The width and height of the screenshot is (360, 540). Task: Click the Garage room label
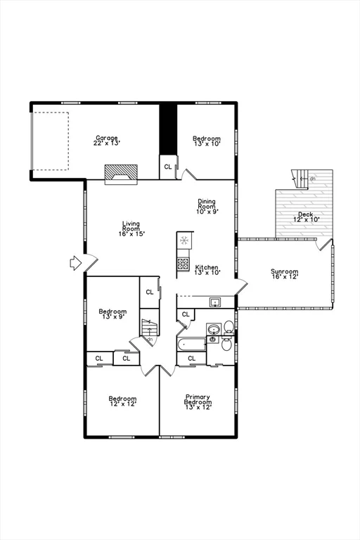tap(107, 138)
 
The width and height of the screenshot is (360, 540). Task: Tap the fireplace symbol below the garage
tap(121, 174)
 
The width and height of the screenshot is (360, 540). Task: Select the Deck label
tap(306, 214)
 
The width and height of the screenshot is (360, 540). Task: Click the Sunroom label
tap(285, 271)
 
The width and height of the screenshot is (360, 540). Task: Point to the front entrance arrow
tap(76, 263)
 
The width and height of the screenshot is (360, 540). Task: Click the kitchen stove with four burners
tap(184, 264)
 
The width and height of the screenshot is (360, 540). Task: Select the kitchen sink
tap(216, 302)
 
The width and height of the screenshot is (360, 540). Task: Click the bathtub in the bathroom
tap(192, 344)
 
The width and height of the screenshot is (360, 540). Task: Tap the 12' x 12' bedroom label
tap(122, 404)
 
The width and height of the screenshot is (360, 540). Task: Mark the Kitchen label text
tap(207, 267)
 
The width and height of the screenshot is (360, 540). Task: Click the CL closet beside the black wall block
tap(168, 167)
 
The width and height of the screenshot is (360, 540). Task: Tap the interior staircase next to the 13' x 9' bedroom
tap(148, 328)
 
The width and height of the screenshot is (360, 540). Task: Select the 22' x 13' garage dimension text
tap(107, 143)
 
